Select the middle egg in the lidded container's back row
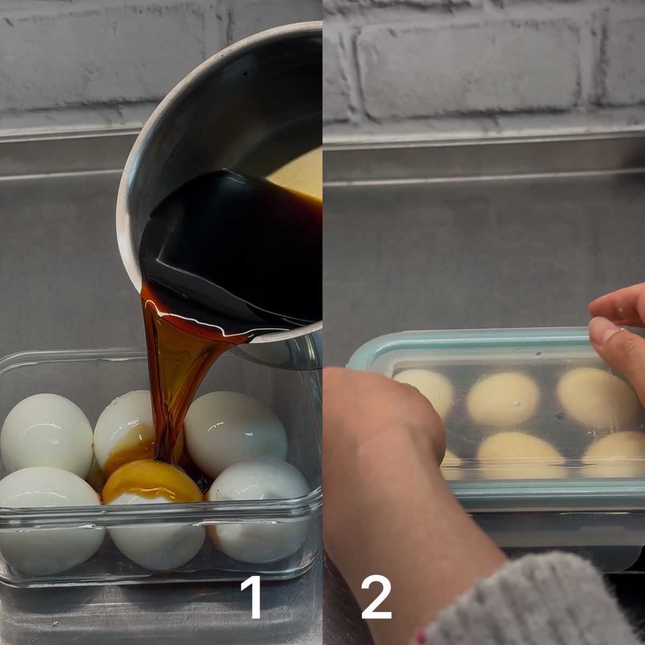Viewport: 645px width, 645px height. pos(503,398)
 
